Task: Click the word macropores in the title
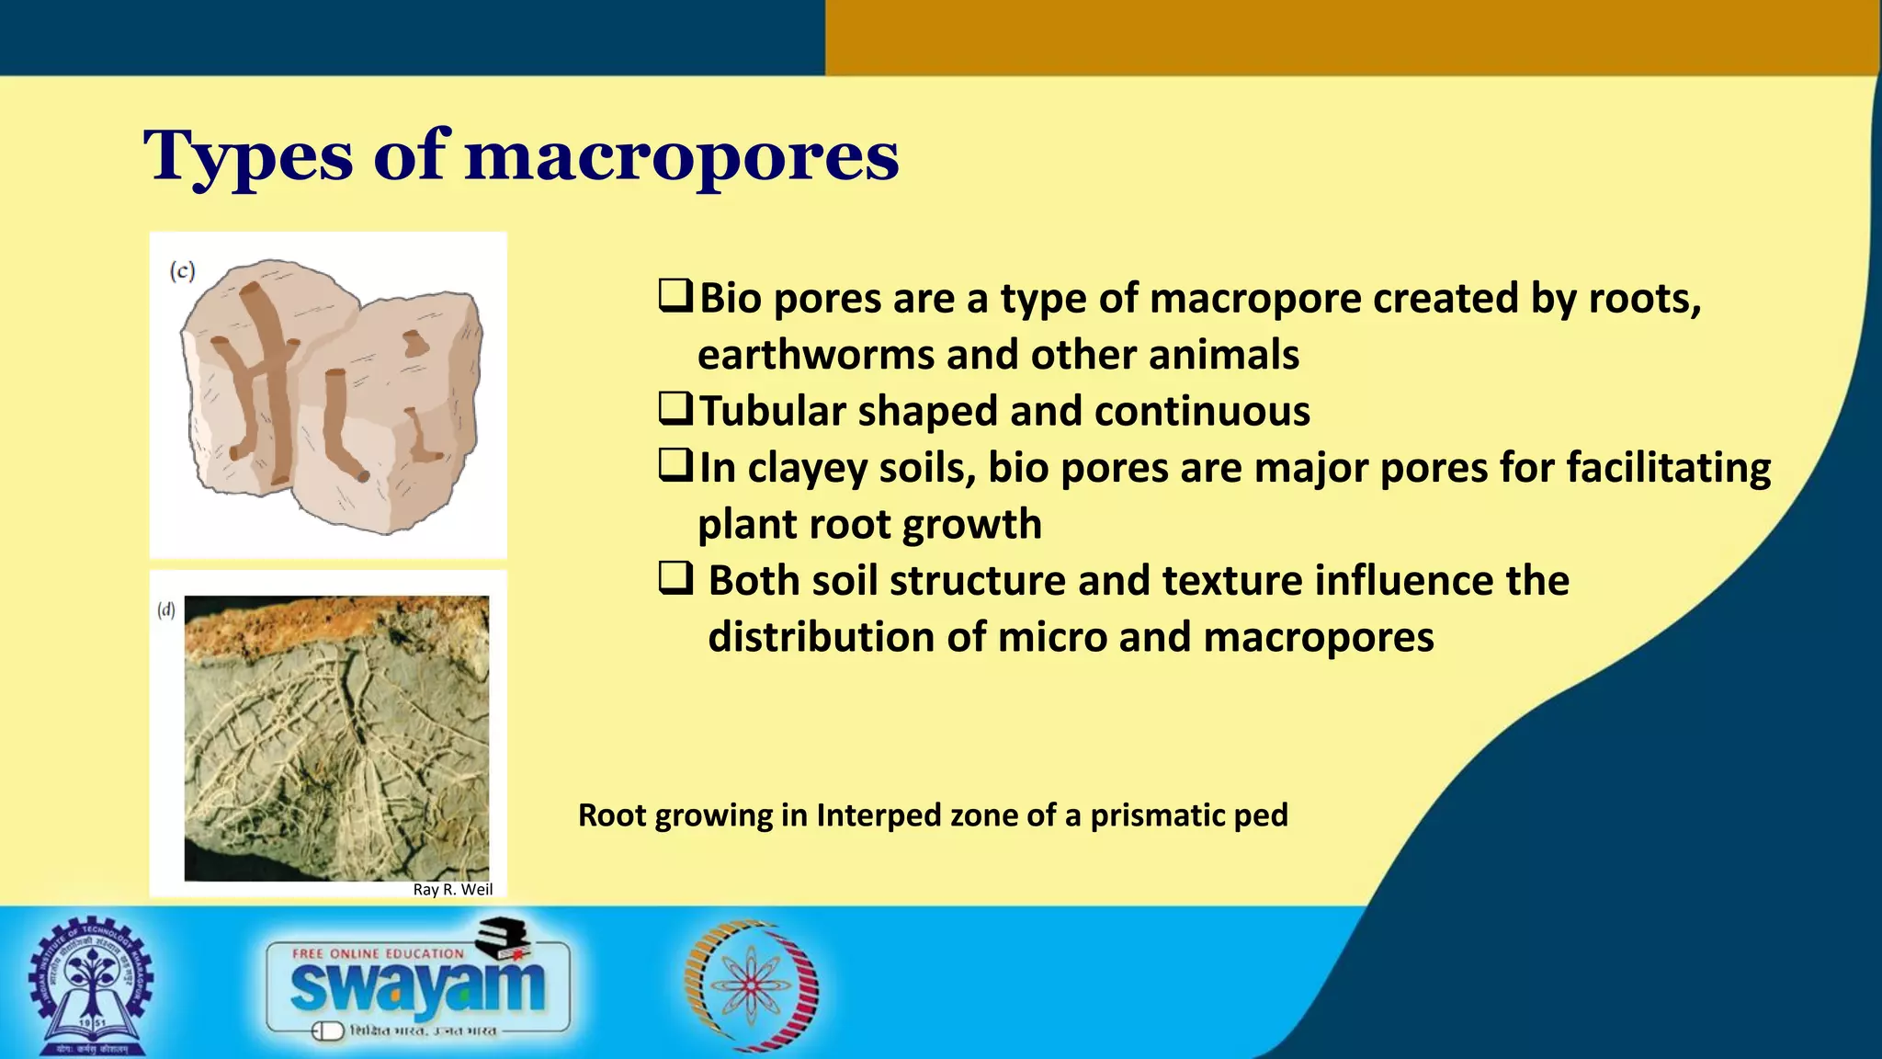tap(681, 156)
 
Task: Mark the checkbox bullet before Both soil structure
tap(675, 579)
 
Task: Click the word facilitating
tap(1668, 467)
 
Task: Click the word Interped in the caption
tap(879, 815)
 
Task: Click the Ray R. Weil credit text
tap(452, 889)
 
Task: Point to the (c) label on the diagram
tap(182, 271)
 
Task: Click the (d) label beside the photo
tap(166, 609)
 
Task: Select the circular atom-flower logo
tap(752, 985)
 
